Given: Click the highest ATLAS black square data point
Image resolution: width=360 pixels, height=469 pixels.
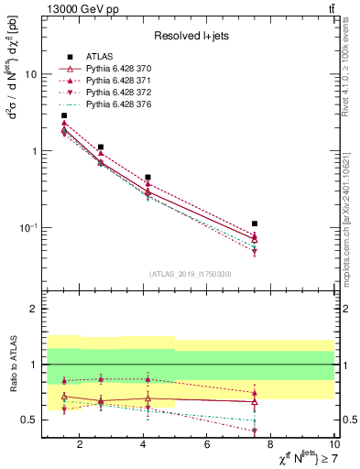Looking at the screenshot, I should [x=63, y=115].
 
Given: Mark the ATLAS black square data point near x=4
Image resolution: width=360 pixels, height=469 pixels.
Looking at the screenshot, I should [x=147, y=177].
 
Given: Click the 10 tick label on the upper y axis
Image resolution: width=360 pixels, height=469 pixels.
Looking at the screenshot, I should [x=30, y=75].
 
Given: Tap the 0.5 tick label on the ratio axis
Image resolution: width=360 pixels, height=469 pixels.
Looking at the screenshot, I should [x=28, y=420].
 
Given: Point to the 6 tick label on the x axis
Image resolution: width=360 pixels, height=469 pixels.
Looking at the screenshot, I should [x=207, y=445].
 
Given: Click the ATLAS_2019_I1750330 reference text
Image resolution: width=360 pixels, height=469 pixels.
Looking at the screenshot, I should [x=189, y=274].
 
